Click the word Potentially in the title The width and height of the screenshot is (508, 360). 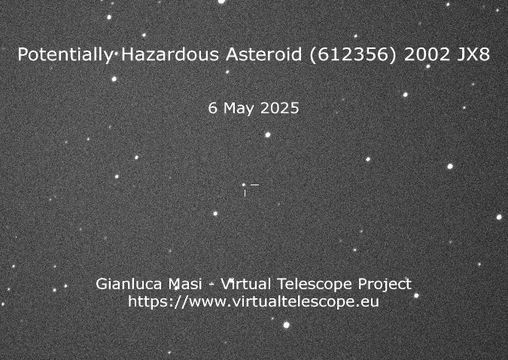(65, 54)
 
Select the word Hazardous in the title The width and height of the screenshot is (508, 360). (170, 54)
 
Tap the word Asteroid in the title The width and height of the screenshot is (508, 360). (264, 54)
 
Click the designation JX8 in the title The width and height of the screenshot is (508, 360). (473, 54)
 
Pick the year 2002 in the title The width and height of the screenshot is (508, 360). (427, 54)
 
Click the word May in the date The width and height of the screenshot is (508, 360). (239, 108)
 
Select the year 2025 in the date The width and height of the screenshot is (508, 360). (280, 108)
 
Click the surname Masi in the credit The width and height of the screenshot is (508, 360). (184, 284)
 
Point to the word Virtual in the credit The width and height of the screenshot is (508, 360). (245, 284)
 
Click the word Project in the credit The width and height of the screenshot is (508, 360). (385, 285)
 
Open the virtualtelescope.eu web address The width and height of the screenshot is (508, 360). (254, 301)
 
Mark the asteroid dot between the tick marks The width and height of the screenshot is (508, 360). (244, 185)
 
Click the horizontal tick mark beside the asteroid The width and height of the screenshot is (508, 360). (255, 185)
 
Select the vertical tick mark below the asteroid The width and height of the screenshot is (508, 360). (245, 194)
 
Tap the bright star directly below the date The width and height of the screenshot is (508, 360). (268, 135)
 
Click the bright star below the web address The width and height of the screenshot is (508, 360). (287, 325)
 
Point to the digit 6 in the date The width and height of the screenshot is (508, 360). (212, 108)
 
